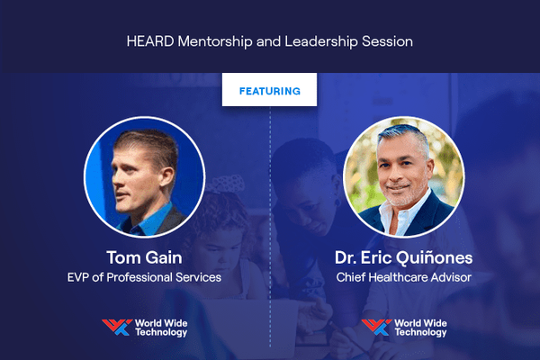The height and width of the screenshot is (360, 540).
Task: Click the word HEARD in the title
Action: tap(150, 41)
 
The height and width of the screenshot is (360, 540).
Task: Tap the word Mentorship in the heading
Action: tap(215, 42)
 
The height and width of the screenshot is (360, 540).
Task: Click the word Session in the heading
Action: tap(387, 41)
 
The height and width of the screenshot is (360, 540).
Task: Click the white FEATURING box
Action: tap(269, 90)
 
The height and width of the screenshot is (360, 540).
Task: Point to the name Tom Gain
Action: tap(144, 257)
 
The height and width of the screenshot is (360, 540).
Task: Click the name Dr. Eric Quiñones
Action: tap(403, 257)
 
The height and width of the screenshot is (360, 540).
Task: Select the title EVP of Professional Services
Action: tap(144, 277)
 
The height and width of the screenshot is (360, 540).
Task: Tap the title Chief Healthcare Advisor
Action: tap(403, 277)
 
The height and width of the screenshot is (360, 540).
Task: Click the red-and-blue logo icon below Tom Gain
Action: tap(117, 328)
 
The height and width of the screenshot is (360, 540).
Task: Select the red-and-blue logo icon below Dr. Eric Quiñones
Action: tap(376, 328)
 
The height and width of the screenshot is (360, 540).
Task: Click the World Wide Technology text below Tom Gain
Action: tap(161, 328)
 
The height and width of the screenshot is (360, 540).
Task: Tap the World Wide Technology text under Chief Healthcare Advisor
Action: tap(420, 328)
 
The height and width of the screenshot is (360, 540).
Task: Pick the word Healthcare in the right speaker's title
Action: tap(400, 277)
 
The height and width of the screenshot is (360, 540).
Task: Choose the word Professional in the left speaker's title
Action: tap(139, 277)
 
